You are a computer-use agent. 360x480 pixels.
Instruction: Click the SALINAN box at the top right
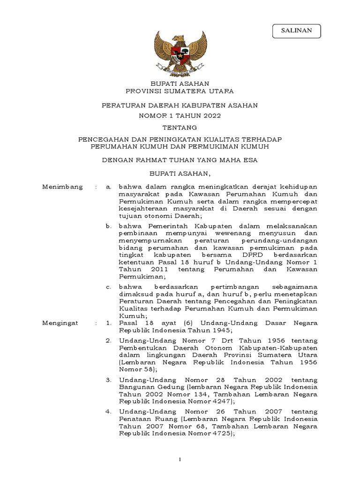click(296, 30)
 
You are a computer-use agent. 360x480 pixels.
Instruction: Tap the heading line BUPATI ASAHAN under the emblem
click(180, 83)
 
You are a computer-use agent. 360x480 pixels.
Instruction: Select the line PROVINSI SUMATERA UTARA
click(180, 90)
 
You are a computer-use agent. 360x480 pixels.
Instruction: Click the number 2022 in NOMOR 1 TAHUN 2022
click(211, 116)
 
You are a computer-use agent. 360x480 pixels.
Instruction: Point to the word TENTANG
click(180, 127)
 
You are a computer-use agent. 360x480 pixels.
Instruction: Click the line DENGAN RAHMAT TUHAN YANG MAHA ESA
click(180, 160)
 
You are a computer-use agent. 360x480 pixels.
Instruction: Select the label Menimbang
click(62, 187)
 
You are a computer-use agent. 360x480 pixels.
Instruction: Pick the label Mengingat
click(61, 323)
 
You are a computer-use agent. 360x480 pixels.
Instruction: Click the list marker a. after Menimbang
click(108, 187)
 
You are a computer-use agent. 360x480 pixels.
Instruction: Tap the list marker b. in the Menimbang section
click(108, 226)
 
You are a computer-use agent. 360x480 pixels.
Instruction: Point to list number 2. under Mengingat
click(108, 340)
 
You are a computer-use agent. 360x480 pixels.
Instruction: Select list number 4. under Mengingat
click(108, 411)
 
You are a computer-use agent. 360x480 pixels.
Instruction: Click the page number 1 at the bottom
click(180, 461)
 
